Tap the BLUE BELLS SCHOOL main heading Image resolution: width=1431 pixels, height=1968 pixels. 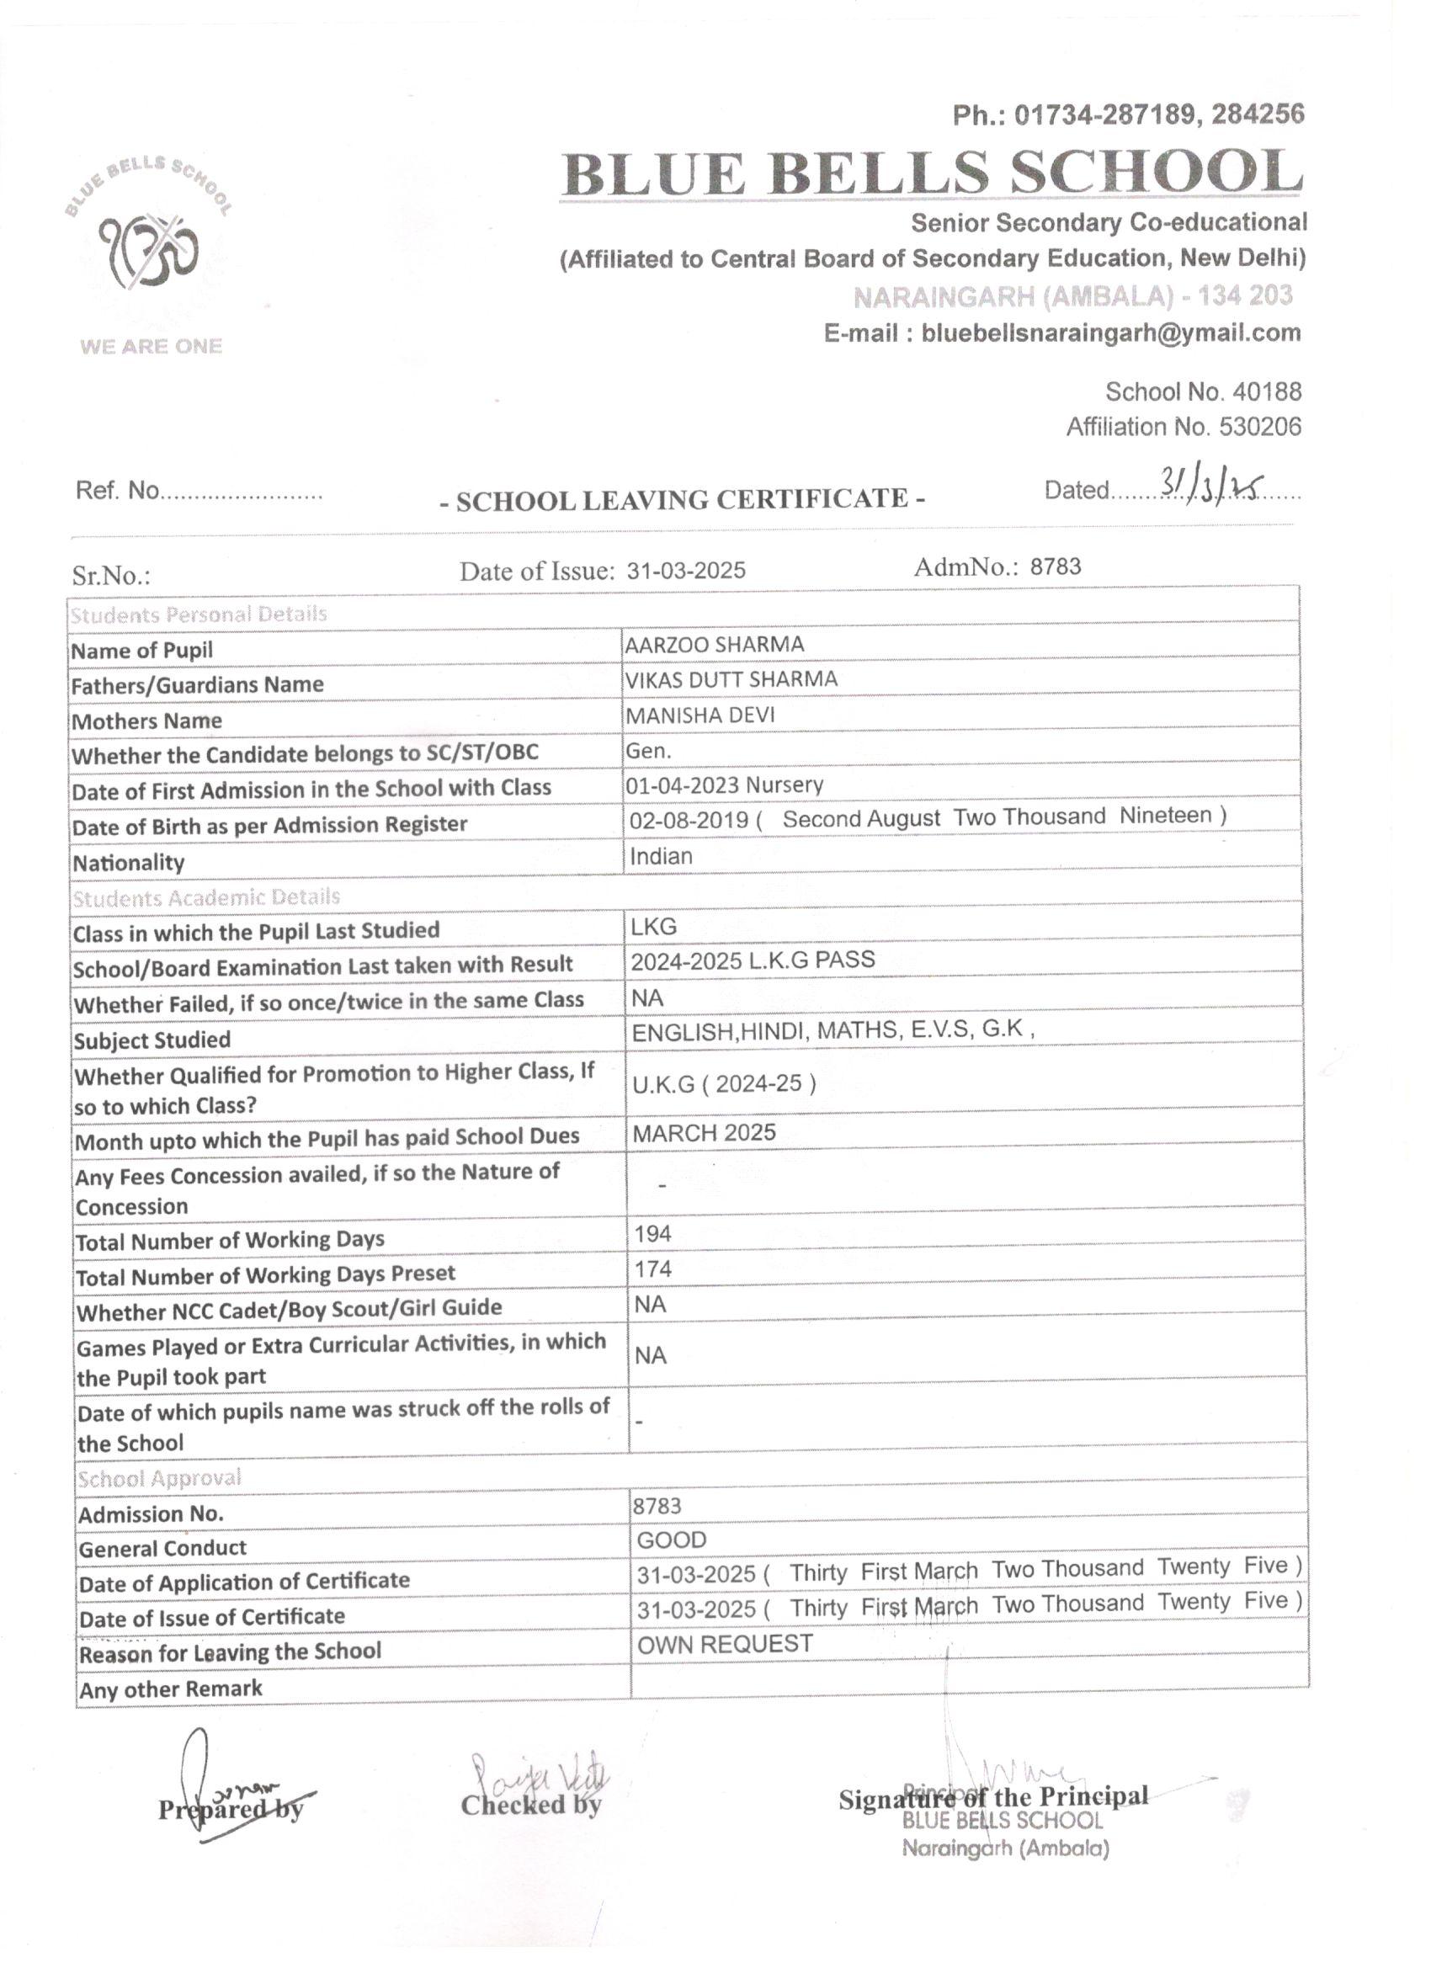(x=933, y=173)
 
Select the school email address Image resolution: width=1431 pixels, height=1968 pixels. (x=1110, y=333)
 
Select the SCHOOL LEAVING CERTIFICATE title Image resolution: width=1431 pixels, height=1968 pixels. (x=682, y=500)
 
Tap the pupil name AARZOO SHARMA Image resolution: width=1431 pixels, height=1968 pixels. (x=714, y=645)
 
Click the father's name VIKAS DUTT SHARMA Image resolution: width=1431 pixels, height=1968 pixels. (x=731, y=679)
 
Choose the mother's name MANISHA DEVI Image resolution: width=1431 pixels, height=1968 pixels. (x=700, y=715)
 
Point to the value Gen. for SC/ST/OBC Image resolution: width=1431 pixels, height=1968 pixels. (x=648, y=751)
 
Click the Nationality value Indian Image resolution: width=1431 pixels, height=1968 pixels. (x=662, y=856)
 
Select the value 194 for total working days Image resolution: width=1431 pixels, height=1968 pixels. (x=652, y=1234)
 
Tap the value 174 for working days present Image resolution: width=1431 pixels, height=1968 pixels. (x=652, y=1269)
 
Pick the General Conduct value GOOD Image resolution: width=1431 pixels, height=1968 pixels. (x=672, y=1540)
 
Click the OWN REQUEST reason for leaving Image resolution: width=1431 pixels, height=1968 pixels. (x=725, y=1644)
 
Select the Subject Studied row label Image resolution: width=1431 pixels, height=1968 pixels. (x=152, y=1040)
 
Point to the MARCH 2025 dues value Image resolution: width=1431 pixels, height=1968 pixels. (x=704, y=1133)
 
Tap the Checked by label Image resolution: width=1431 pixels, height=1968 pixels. (x=530, y=1806)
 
